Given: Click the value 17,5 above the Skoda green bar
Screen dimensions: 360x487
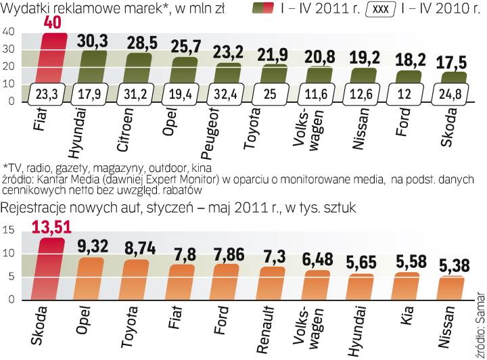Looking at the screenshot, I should pos(452,62).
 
